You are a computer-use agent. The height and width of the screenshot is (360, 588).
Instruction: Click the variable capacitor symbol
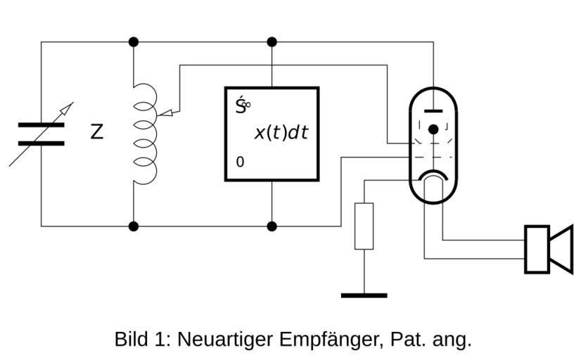[41, 134]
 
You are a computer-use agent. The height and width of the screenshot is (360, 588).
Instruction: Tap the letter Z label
[97, 131]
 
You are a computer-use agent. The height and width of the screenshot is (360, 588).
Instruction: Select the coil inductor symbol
[143, 134]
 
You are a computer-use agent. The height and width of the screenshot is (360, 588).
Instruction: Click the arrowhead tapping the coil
[167, 111]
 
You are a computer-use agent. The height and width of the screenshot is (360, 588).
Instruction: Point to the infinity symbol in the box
[247, 105]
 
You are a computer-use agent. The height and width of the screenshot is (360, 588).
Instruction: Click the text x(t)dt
[281, 132]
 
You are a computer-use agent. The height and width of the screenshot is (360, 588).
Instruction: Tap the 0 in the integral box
[240, 162]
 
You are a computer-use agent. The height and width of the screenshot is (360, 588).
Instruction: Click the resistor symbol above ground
[364, 226]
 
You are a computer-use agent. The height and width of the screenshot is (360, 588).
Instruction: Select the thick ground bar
[364, 295]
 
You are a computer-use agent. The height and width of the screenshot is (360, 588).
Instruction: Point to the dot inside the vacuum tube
[433, 129]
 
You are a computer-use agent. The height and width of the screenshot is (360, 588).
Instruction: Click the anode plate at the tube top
[433, 110]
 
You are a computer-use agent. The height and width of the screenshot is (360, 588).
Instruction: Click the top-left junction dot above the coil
[134, 42]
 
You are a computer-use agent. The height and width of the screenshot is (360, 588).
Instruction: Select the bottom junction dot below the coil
[134, 226]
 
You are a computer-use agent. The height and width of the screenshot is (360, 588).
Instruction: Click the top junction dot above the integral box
[272, 42]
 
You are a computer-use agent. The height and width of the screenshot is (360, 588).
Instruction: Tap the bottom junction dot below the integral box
[272, 226]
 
